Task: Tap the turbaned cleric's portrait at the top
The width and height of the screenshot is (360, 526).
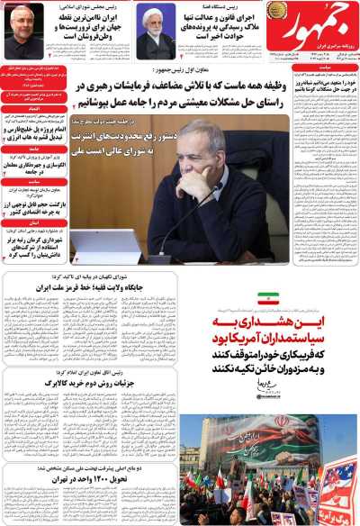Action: click(155, 31)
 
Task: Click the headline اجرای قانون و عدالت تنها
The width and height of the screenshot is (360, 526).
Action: click(215, 19)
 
